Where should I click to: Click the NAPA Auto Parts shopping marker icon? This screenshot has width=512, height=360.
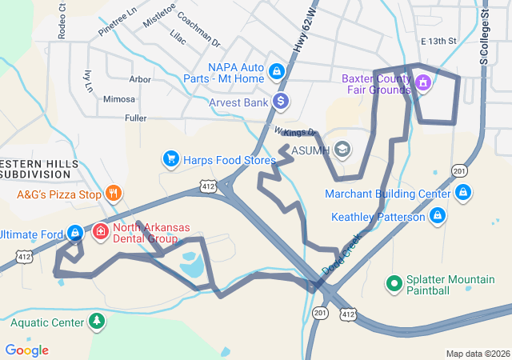point(276,71)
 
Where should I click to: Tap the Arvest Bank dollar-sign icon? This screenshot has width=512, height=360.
point(280,102)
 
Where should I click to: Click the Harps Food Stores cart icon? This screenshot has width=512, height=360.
point(170,159)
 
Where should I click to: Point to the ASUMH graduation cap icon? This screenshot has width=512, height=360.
point(342,150)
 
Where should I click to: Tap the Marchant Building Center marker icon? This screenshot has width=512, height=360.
point(463,193)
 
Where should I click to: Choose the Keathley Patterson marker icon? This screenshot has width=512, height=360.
point(438,215)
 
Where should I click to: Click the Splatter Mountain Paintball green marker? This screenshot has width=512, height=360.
point(394,283)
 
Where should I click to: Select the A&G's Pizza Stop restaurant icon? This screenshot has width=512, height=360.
point(114,193)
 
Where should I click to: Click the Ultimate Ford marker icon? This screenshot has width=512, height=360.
point(74,233)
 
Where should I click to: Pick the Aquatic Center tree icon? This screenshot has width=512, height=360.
point(96,322)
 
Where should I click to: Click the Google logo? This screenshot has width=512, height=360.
point(26,350)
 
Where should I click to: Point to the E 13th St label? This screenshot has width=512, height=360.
point(438,41)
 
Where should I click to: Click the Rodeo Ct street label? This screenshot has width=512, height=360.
point(62,25)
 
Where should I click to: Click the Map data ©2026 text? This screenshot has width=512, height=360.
point(477,354)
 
